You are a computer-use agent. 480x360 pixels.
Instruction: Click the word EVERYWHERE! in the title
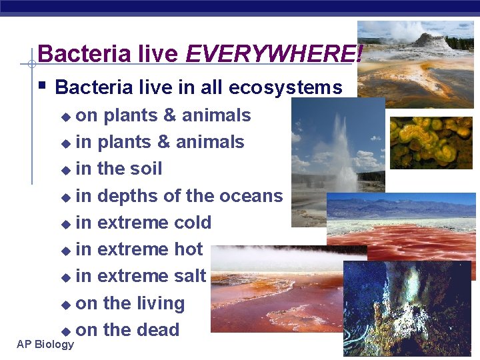coord(274,53)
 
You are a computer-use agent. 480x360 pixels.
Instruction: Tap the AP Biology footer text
coord(45,344)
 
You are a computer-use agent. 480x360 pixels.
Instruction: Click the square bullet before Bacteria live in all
coord(42,85)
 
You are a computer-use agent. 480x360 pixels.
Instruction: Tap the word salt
coord(190,276)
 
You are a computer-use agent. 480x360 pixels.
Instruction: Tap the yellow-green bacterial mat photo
coord(431,142)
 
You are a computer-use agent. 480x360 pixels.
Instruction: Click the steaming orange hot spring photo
coord(280,293)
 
